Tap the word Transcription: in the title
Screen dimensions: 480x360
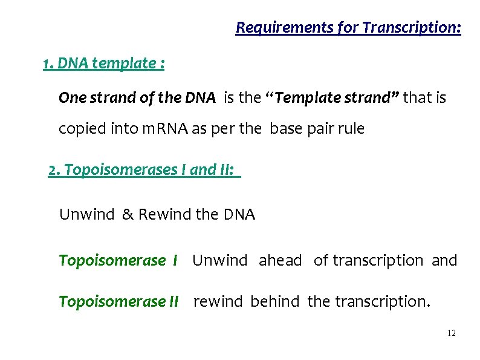click(411, 28)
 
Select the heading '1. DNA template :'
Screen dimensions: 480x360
click(104, 64)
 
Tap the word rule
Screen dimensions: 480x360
click(352, 129)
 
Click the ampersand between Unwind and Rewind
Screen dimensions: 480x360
click(127, 214)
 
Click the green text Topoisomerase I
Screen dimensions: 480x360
click(118, 261)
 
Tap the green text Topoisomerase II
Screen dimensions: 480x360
click(118, 301)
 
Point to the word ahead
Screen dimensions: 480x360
click(280, 261)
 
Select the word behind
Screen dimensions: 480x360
click(274, 301)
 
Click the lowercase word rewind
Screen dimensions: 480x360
click(218, 301)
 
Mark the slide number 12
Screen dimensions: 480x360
click(452, 333)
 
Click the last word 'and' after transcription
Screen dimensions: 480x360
click(444, 261)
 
